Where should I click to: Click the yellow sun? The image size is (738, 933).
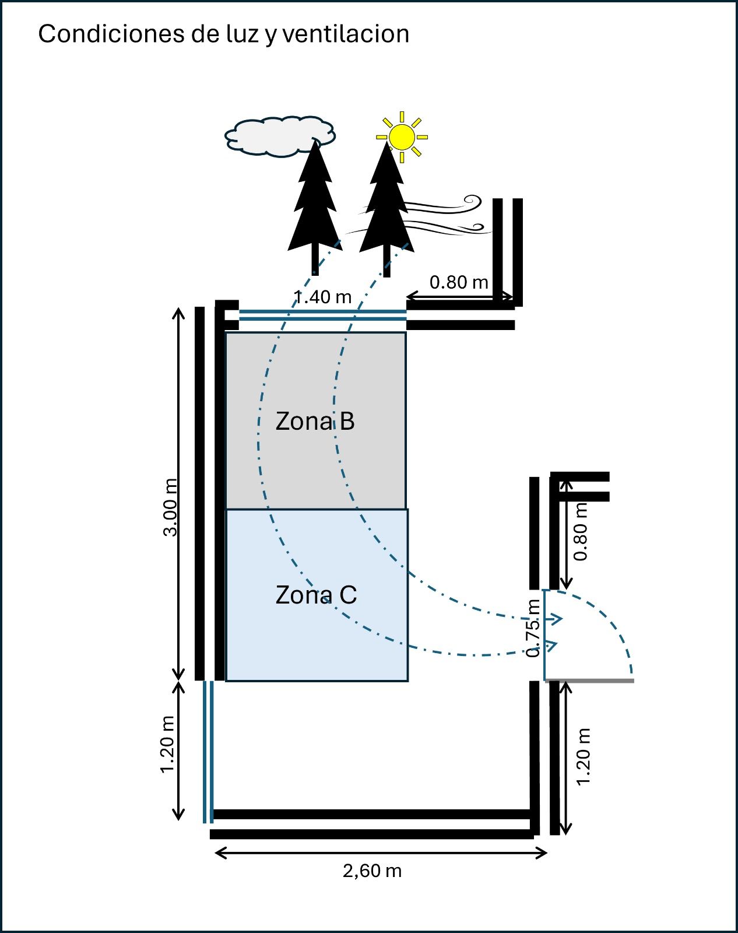[x=402, y=137]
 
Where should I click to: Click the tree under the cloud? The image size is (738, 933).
[x=315, y=204]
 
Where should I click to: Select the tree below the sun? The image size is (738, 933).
[x=386, y=204]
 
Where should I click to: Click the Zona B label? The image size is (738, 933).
[x=315, y=421]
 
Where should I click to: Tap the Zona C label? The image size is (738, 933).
[x=316, y=595]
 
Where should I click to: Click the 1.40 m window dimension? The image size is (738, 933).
[x=324, y=297]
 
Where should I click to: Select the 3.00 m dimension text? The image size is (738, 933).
[x=170, y=507]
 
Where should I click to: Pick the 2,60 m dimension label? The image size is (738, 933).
[x=372, y=871]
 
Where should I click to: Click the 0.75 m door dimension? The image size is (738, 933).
[x=533, y=629]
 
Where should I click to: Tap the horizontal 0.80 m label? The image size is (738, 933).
[x=459, y=282]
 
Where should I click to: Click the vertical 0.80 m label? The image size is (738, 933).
[x=581, y=531]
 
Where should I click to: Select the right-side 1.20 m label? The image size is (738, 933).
[x=584, y=757]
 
